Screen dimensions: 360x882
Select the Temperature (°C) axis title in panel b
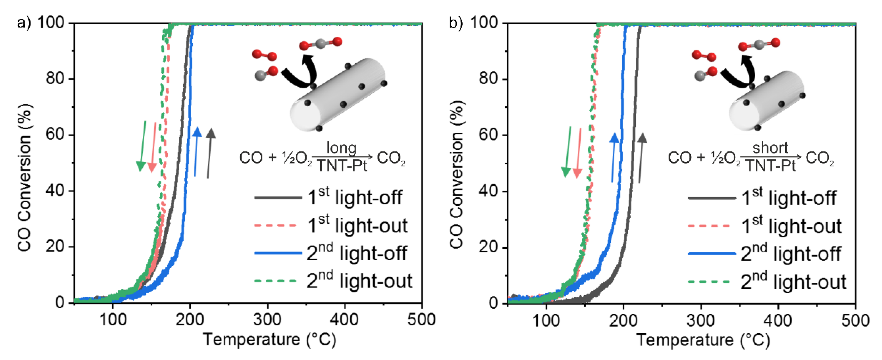pos(703,340)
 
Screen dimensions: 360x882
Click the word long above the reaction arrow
pos(341,148)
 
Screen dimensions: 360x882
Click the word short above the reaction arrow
pos(770,148)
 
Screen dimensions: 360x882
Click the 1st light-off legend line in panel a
pos(278,198)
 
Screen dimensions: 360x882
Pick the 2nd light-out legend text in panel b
pos(793,282)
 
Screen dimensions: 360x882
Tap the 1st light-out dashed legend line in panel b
pos(711,226)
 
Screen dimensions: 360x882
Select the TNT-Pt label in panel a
pos(341,166)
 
